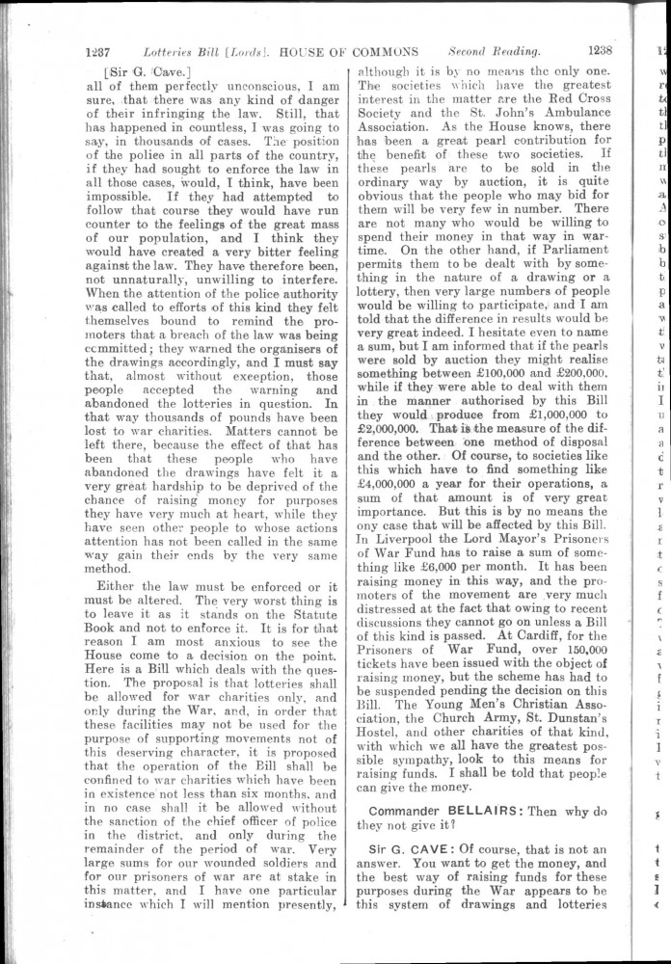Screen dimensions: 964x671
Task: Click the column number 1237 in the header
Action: [x=101, y=51]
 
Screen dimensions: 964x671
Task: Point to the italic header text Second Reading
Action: [x=493, y=51]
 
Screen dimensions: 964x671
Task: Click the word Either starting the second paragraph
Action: [x=123, y=582]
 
